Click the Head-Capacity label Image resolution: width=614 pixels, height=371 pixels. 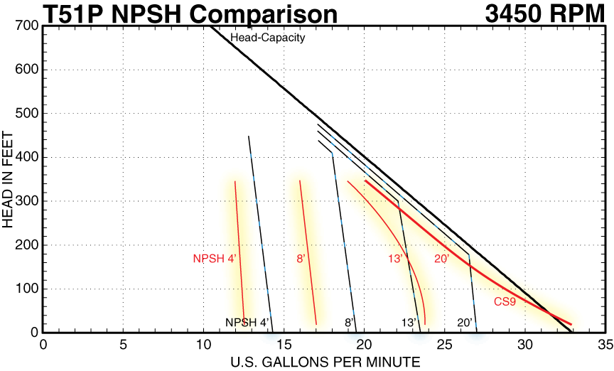(267, 38)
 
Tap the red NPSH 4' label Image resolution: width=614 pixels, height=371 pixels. (214, 259)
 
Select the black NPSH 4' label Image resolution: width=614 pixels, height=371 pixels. (247, 323)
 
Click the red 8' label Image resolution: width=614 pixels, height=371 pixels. (301, 259)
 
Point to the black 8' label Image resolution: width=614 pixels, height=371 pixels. (349, 323)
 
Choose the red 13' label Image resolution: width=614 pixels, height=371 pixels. (396, 259)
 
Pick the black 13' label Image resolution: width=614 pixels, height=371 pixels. (409, 323)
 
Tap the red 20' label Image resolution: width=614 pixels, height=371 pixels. (441, 259)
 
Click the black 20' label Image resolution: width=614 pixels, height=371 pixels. (465, 323)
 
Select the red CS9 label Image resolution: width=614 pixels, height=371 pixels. (505, 302)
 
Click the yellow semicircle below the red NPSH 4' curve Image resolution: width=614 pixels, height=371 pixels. (244, 335)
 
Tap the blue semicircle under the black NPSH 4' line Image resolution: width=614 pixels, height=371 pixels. (271, 338)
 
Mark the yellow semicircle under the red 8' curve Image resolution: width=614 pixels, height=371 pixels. (316, 335)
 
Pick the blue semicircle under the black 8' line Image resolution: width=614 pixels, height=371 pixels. (356, 338)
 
